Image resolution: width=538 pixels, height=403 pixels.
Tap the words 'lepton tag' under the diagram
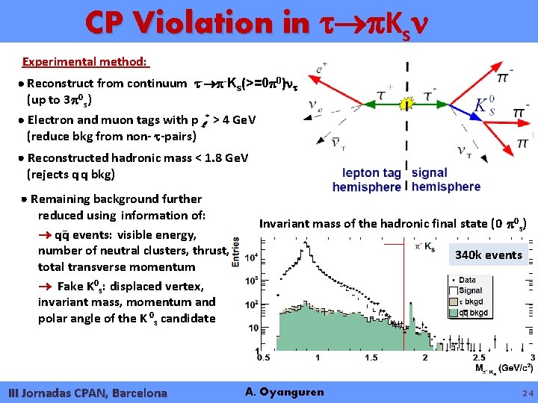point(371,173)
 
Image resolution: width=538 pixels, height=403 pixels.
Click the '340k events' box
point(488,254)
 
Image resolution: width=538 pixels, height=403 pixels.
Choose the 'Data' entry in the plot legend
point(467,281)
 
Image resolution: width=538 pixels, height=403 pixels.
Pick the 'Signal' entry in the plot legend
point(470,291)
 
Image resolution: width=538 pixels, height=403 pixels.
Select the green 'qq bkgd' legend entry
point(472,313)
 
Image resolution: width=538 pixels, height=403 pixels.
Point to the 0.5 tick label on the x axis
point(264,357)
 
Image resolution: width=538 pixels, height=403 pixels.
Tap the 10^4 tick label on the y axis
point(254,257)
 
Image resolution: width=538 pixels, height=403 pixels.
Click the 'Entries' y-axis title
point(236,252)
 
